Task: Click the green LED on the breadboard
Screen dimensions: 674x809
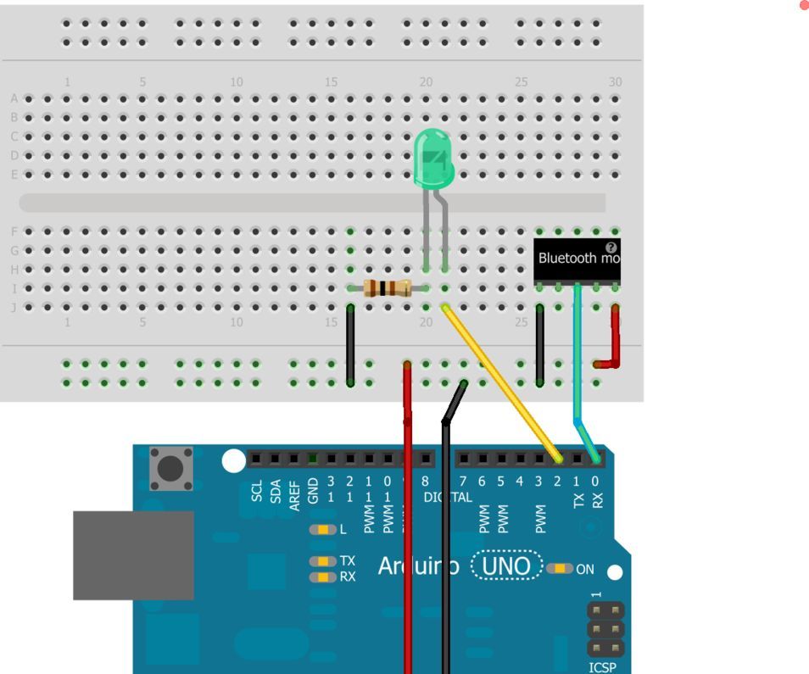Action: (x=433, y=159)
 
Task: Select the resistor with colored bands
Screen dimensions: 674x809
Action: (x=387, y=288)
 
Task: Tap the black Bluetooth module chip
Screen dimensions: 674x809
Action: (x=577, y=260)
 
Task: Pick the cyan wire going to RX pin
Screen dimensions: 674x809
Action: (x=577, y=356)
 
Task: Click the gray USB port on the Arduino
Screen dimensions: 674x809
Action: (x=133, y=555)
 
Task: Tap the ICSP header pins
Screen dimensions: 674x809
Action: (x=605, y=629)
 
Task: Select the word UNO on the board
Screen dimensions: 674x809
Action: (x=506, y=566)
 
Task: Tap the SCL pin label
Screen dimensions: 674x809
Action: (x=257, y=492)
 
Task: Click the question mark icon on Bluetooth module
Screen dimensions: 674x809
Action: (x=611, y=248)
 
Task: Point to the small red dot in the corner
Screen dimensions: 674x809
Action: (x=804, y=5)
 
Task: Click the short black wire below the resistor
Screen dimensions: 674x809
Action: (x=351, y=345)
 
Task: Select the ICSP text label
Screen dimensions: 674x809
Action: (x=603, y=667)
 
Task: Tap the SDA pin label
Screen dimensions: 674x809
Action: (x=276, y=492)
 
